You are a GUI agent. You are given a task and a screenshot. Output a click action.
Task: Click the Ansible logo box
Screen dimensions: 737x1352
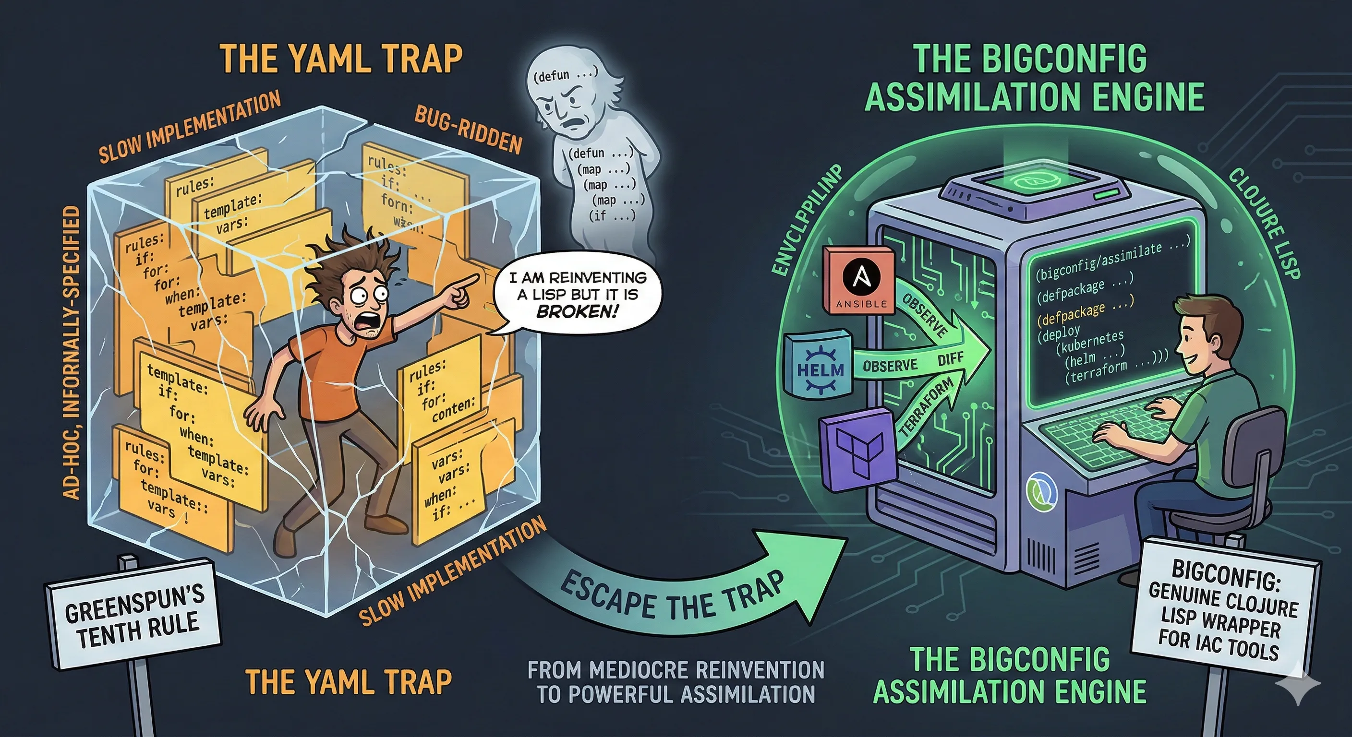click(x=858, y=280)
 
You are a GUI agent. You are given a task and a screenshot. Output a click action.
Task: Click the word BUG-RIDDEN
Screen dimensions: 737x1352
click(x=469, y=129)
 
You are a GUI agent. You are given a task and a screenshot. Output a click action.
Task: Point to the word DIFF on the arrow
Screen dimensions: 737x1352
click(x=951, y=360)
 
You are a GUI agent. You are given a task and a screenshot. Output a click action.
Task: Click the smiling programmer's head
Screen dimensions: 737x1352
click(x=1207, y=331)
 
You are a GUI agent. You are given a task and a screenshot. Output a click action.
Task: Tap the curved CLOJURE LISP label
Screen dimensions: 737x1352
click(x=1265, y=223)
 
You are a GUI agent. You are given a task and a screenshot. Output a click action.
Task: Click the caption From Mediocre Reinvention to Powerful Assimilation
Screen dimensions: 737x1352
click(x=676, y=682)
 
